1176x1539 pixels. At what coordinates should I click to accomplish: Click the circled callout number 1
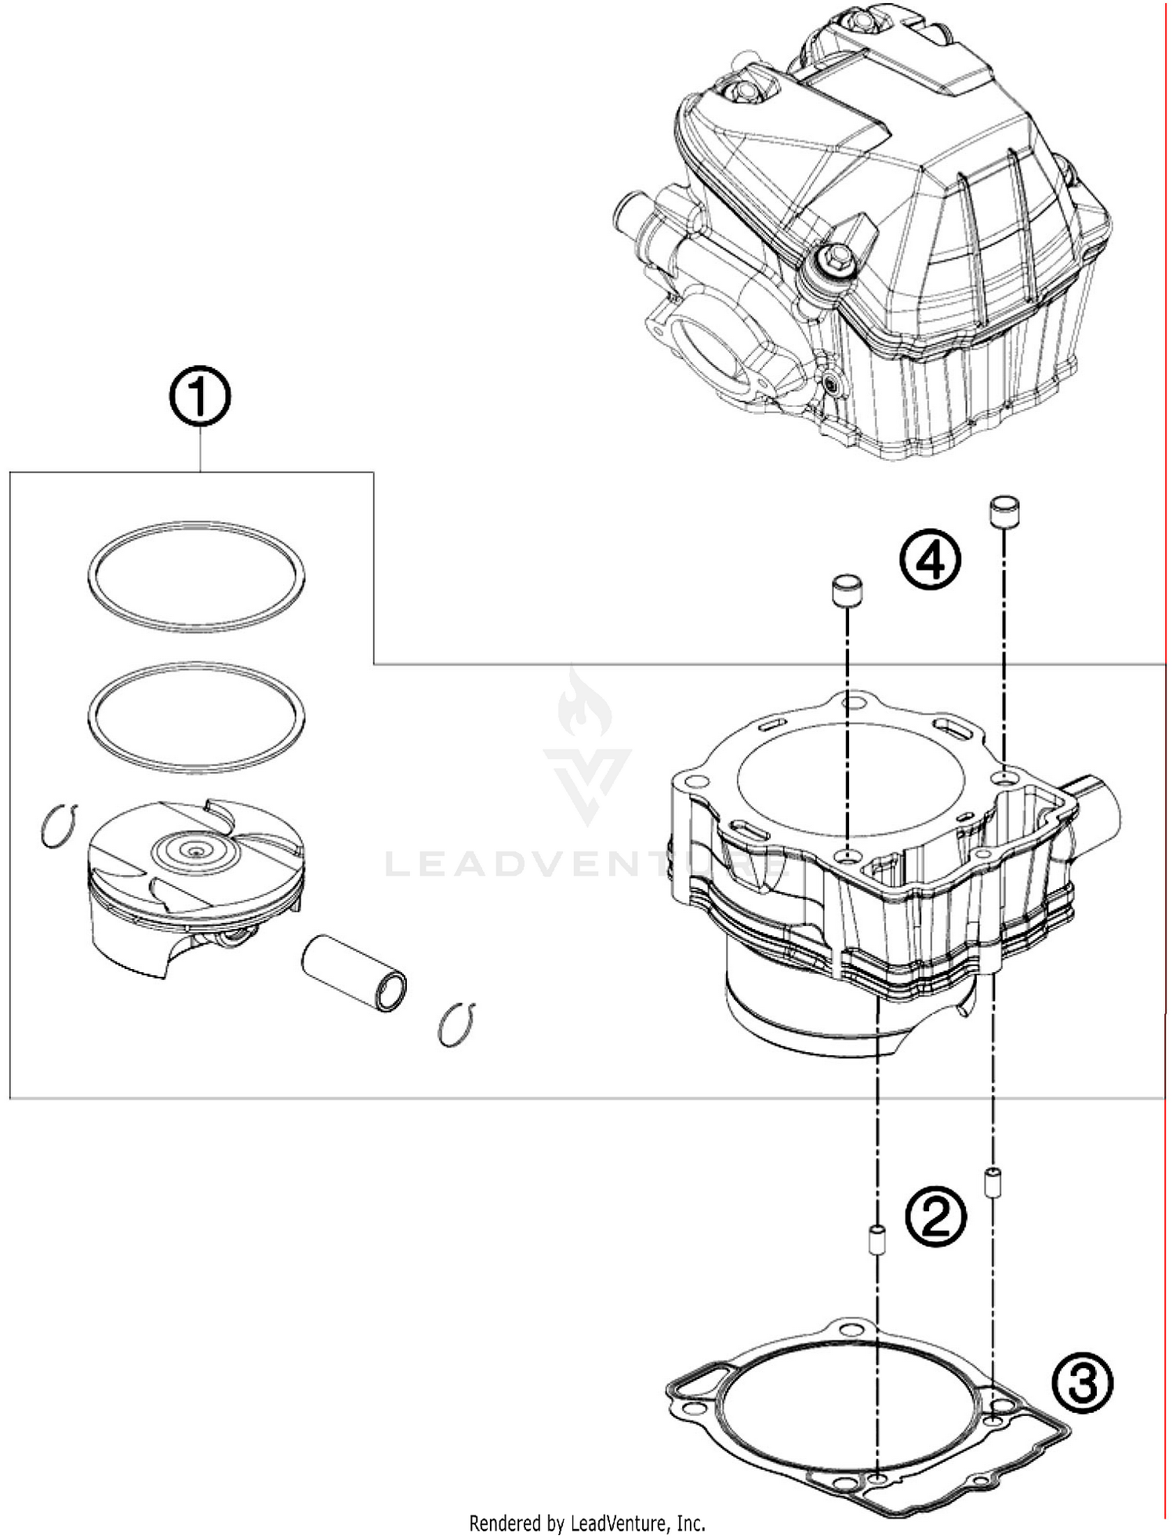tap(200, 397)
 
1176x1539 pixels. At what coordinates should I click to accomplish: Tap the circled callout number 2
tap(935, 1216)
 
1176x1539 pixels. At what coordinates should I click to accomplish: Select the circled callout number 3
tap(1082, 1383)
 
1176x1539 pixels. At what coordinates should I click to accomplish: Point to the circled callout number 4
tap(930, 560)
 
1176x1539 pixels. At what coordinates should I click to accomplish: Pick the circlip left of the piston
tap(58, 826)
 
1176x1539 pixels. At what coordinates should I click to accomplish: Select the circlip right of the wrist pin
tap(456, 1025)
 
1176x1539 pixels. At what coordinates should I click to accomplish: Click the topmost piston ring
tap(196, 576)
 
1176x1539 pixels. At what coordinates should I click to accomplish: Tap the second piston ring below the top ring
tap(196, 717)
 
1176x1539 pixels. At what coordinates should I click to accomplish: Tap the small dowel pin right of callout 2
tap(992, 1182)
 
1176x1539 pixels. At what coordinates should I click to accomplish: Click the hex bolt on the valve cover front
tap(828, 257)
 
